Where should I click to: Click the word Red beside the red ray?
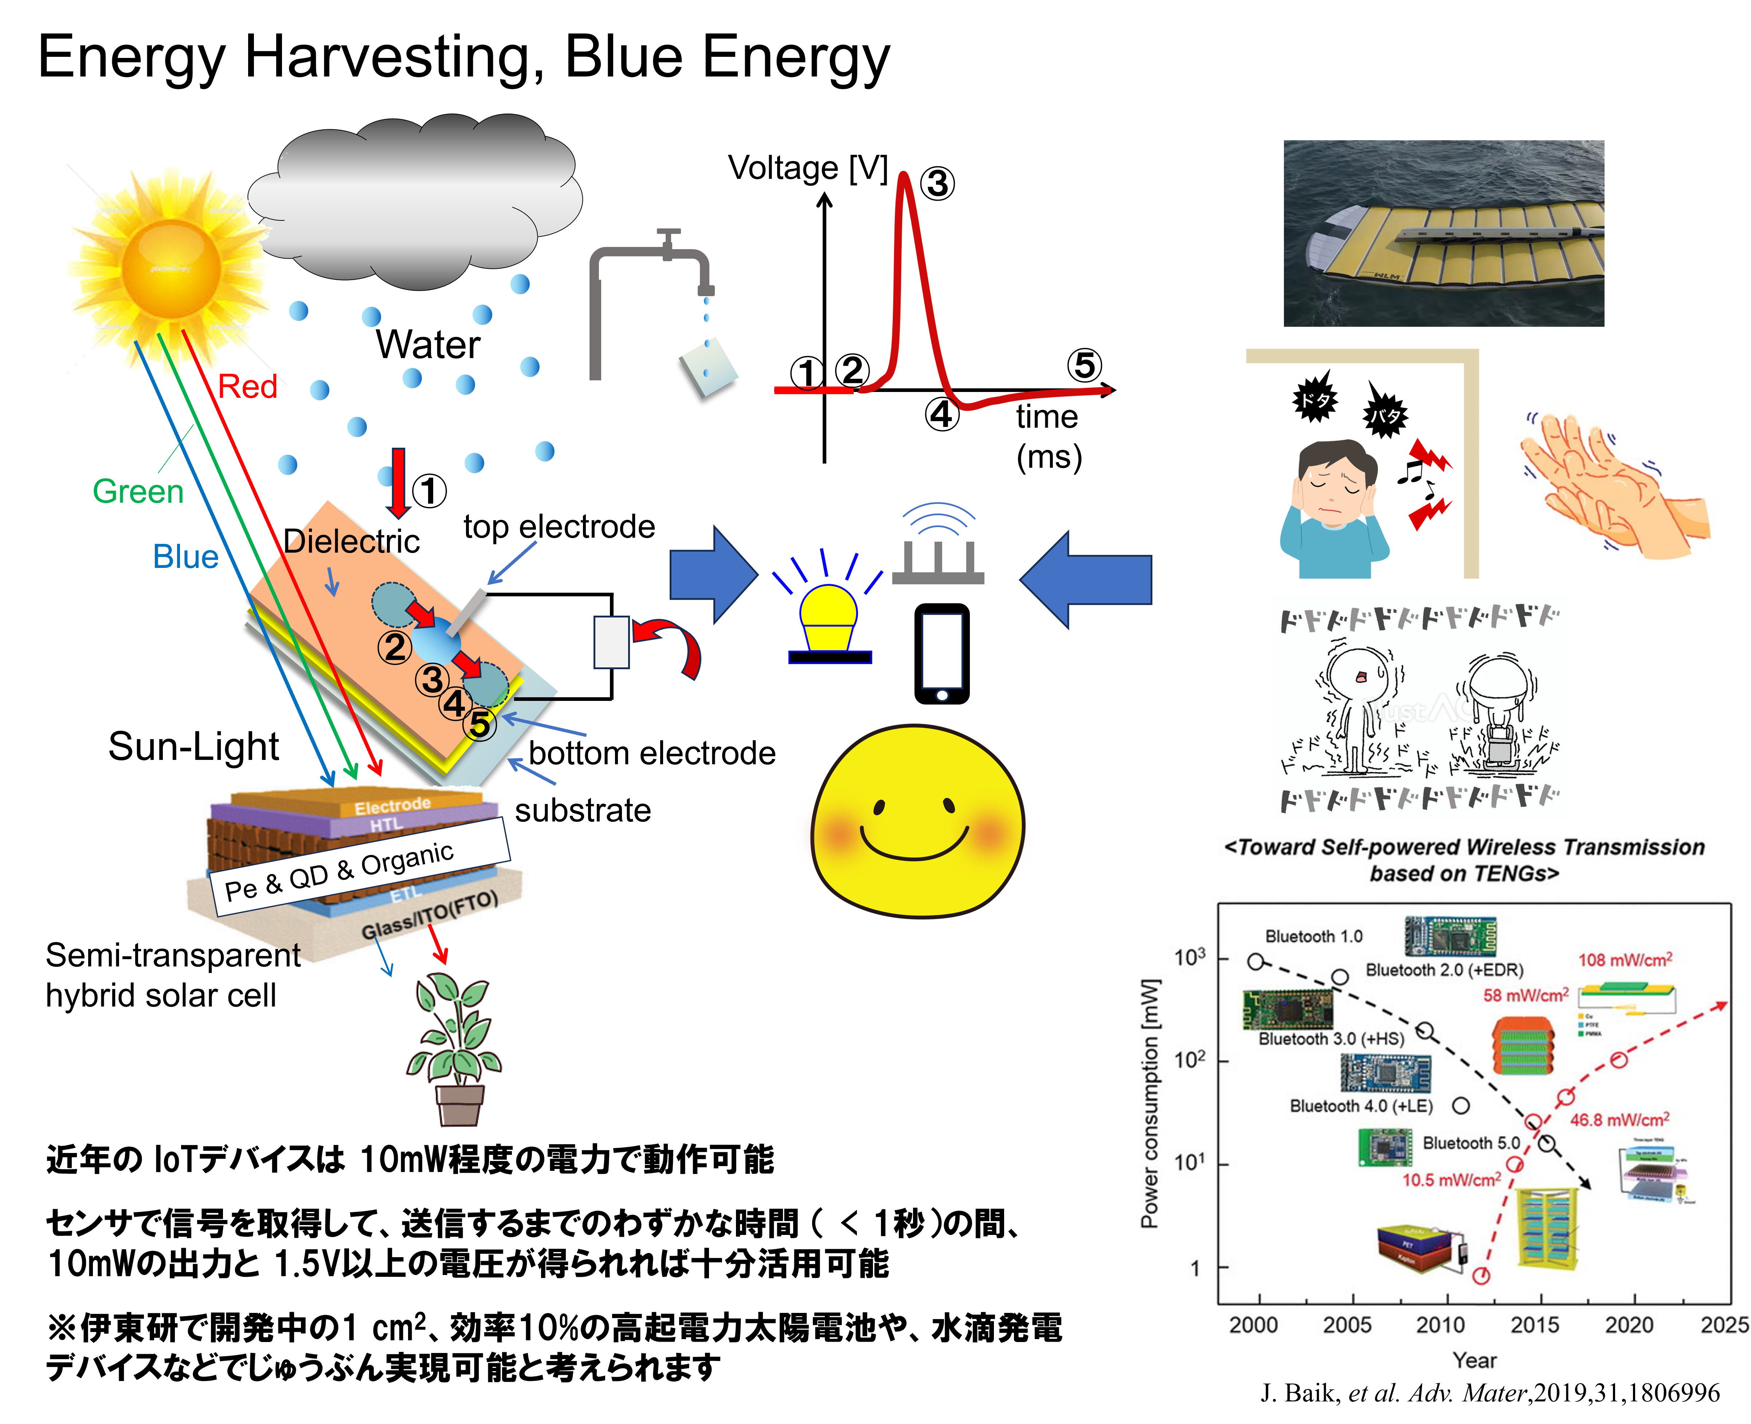tap(248, 387)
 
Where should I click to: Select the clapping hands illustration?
tap(1617, 488)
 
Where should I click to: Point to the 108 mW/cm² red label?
tap(1625, 960)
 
